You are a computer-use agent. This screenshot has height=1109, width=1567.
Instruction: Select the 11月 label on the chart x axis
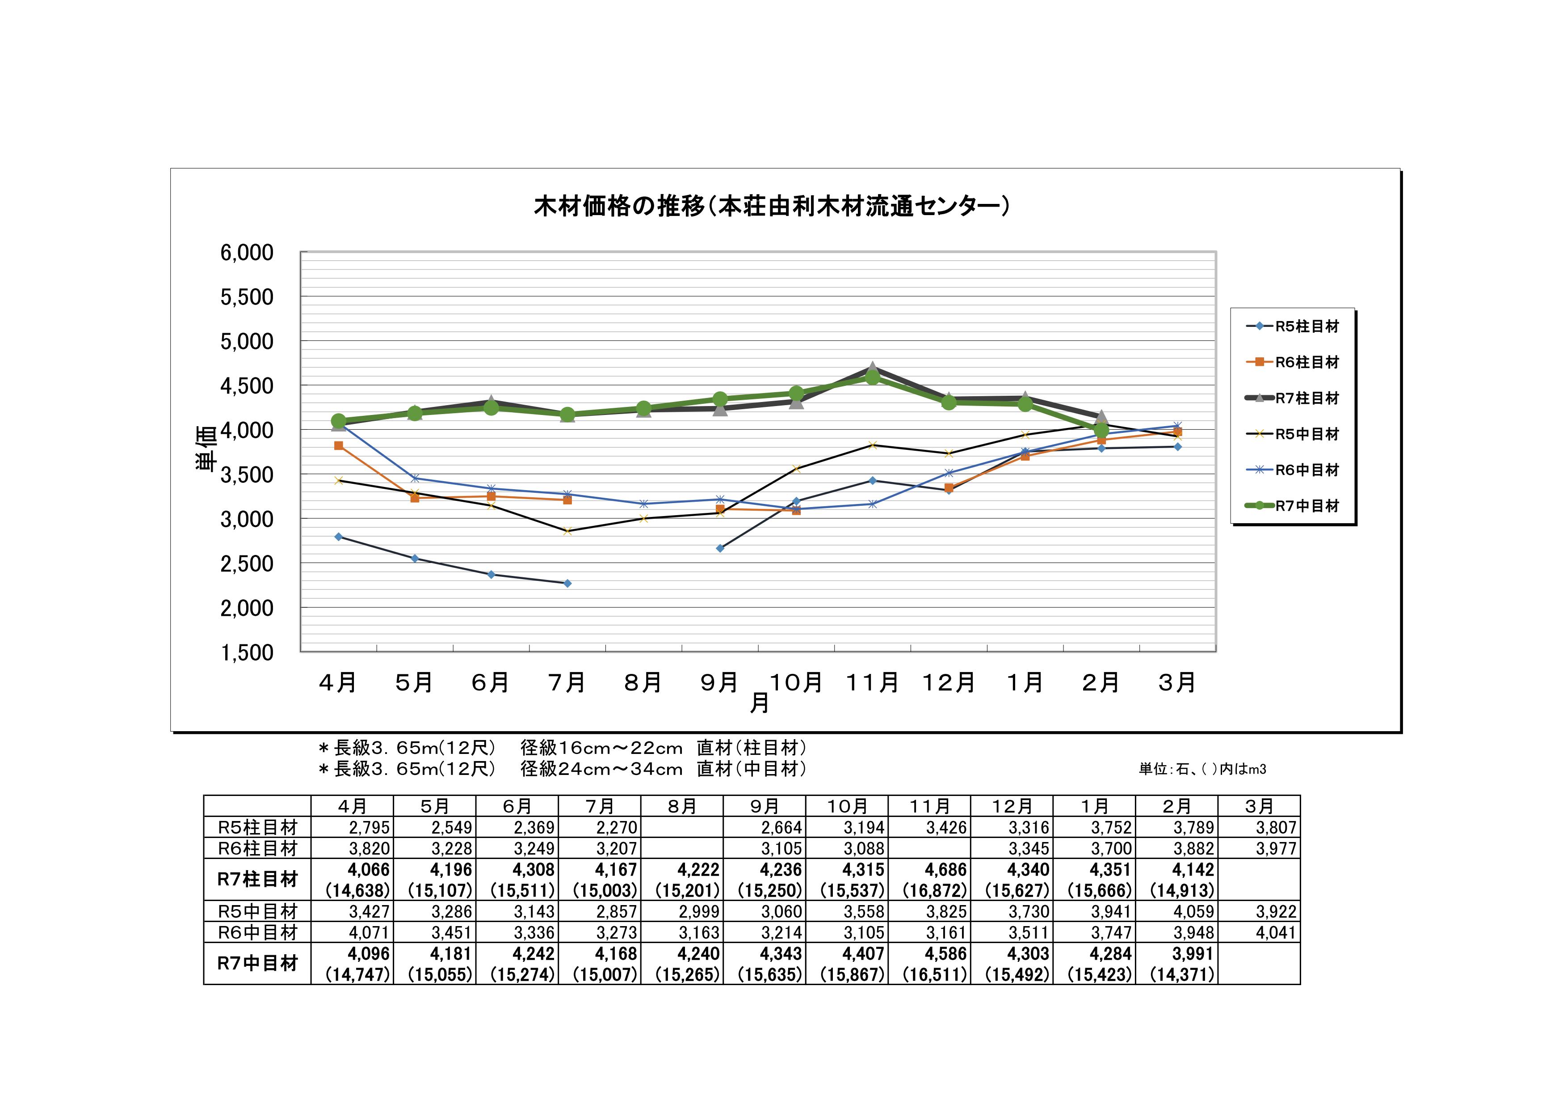click(x=872, y=682)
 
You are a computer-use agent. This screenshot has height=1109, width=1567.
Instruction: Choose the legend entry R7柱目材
click(x=1307, y=398)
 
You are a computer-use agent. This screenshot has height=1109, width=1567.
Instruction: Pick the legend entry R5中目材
click(x=1307, y=434)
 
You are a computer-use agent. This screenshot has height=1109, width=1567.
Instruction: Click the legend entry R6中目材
click(x=1307, y=470)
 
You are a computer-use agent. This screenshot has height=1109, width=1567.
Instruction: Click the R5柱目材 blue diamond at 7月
click(x=567, y=583)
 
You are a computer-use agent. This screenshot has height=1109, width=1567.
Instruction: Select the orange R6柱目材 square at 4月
click(x=339, y=446)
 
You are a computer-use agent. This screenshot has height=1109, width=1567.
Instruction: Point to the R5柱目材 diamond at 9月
click(x=720, y=548)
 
